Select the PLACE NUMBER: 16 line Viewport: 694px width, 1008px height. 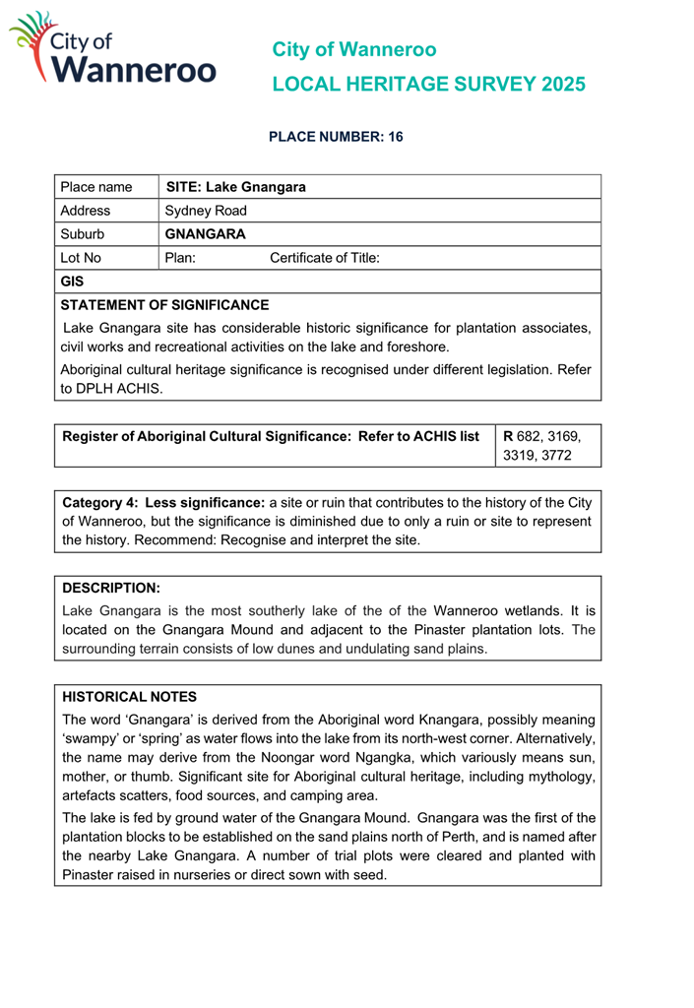(337, 138)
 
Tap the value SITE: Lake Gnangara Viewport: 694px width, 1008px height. (236, 187)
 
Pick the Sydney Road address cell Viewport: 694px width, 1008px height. (206, 211)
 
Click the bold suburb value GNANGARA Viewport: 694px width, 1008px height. (206, 234)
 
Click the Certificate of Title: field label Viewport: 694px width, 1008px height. (325, 258)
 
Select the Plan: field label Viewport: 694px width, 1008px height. (181, 258)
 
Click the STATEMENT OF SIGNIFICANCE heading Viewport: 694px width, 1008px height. (163, 304)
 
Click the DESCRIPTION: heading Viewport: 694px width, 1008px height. (110, 588)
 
